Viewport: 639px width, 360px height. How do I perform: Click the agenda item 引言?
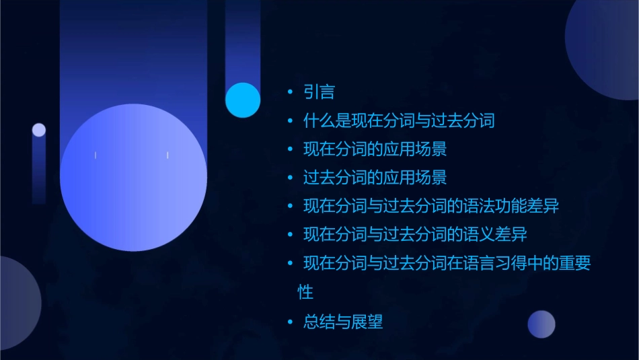319,92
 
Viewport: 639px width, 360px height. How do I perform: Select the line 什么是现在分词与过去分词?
399,121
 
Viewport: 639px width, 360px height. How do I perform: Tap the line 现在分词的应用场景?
375,149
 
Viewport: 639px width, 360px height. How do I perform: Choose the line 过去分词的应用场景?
375,178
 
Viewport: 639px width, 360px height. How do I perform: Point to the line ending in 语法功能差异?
430,207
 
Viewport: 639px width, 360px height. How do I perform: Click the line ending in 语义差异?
414,235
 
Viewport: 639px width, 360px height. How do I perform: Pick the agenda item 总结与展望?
343,322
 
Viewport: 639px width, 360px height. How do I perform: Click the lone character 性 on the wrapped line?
305,293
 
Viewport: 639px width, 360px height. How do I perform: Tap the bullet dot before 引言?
290,92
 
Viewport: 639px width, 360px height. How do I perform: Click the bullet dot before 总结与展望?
290,322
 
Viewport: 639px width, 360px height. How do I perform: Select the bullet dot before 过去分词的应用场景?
290,178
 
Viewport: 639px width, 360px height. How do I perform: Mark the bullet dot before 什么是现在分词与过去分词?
290,121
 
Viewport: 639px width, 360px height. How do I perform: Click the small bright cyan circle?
243,100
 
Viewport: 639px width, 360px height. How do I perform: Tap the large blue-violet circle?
133,177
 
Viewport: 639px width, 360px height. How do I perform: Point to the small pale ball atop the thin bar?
39,130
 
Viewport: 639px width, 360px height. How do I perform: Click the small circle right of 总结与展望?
541,324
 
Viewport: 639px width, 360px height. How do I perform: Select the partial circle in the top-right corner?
605,47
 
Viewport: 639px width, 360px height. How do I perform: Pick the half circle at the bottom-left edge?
17,303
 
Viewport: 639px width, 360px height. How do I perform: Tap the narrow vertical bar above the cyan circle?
242,40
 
